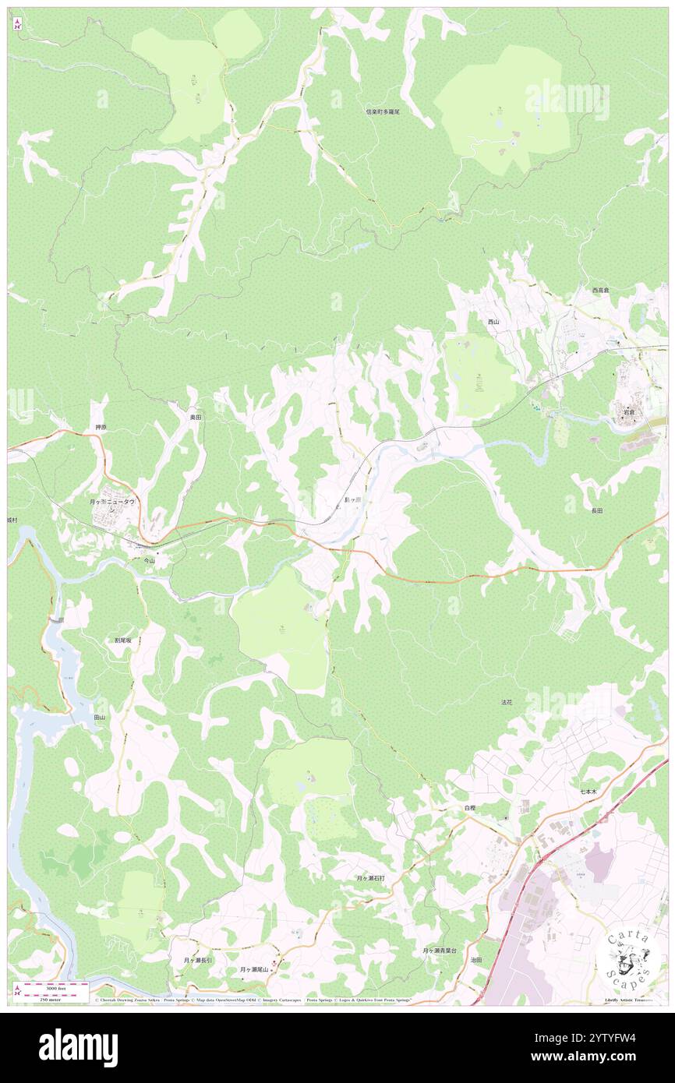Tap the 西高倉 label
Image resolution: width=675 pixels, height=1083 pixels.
pyautogui.click(x=600, y=290)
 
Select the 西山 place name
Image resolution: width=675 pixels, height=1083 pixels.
pyautogui.click(x=493, y=322)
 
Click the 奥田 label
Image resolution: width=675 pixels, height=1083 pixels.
pyautogui.click(x=195, y=418)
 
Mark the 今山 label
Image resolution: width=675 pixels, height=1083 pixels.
pyautogui.click(x=150, y=560)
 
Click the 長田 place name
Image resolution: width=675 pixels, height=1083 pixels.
pyautogui.click(x=596, y=510)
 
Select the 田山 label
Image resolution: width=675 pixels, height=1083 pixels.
pyautogui.click(x=99, y=717)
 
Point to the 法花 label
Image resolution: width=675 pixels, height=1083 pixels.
pyautogui.click(x=507, y=702)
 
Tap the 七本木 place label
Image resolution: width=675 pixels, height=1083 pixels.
pyautogui.click(x=588, y=792)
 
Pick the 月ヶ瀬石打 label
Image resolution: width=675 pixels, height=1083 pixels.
pyautogui.click(x=370, y=878)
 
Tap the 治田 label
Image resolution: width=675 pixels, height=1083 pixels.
pyautogui.click(x=475, y=961)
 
